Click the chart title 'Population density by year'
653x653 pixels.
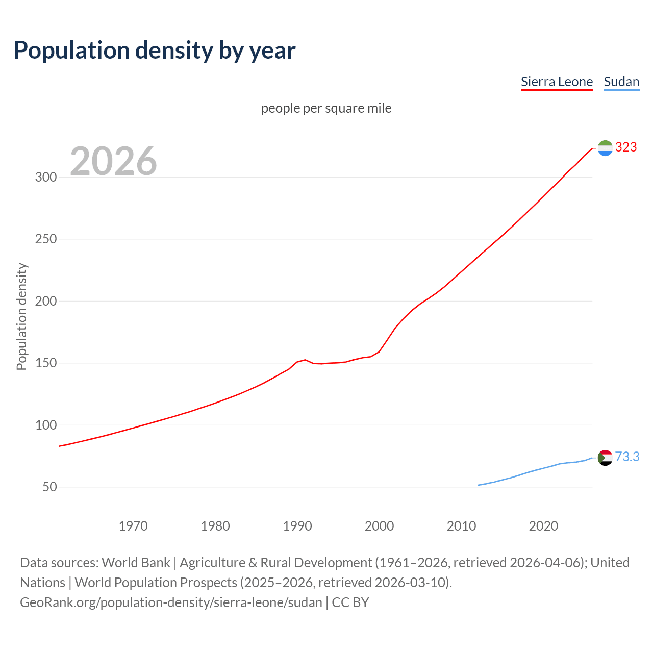click(155, 50)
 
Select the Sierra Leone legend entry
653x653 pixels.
click(557, 82)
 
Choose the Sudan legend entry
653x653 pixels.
click(621, 82)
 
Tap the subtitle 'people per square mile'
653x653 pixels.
click(326, 108)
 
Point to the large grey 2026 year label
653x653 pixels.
click(113, 161)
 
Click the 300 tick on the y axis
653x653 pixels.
click(45, 177)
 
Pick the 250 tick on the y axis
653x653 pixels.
click(45, 239)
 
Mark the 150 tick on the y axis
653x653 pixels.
click(45, 363)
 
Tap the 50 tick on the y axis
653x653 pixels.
click(49, 487)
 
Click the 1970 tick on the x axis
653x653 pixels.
click(133, 526)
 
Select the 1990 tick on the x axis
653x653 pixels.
click(297, 526)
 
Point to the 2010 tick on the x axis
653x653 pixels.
click(461, 526)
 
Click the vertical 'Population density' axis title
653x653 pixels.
click(21, 316)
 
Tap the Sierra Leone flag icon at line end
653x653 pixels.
click(605, 148)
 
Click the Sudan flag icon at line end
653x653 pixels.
click(605, 458)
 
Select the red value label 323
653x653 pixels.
click(626, 147)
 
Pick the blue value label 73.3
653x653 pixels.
click(627, 457)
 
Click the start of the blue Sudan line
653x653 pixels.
click(478, 485)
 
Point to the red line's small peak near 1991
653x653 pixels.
click(305, 360)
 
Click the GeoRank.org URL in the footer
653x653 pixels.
click(171, 602)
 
